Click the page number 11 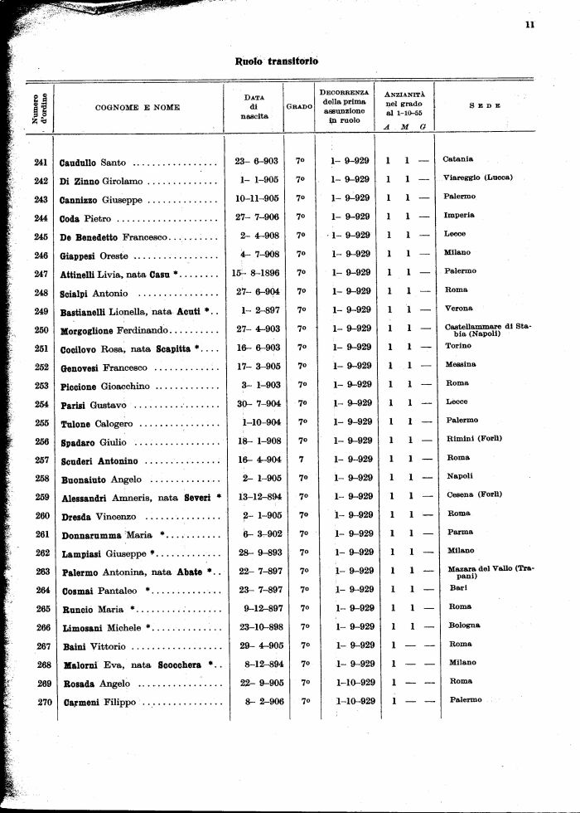[x=529, y=24]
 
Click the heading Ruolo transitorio [x=277, y=61]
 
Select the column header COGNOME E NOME [x=138, y=107]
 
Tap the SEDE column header [x=485, y=106]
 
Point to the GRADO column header [x=299, y=107]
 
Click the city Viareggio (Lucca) [x=478, y=178]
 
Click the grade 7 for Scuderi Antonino [x=301, y=459]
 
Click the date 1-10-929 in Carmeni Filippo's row [x=355, y=701]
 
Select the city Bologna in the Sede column [x=464, y=625]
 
